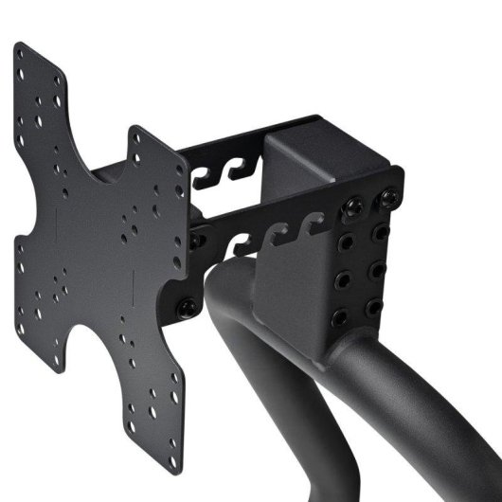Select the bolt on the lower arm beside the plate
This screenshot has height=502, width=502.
tap(187, 307)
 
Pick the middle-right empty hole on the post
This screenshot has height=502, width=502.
tap(376, 271)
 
